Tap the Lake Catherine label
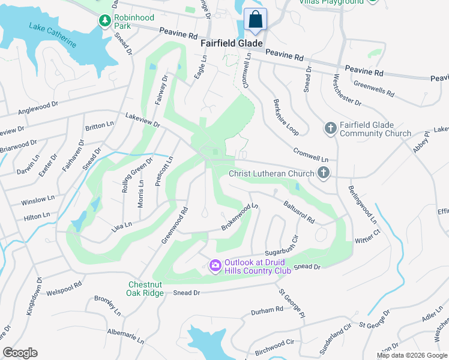(52, 35)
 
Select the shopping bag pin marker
(255, 19)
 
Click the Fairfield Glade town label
(232, 43)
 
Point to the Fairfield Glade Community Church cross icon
(330, 128)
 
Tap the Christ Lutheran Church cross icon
(324, 174)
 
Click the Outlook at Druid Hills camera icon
(215, 265)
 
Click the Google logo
(20, 353)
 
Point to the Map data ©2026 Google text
(411, 355)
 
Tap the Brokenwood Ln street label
(240, 217)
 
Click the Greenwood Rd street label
(175, 226)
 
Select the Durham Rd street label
(267, 310)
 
